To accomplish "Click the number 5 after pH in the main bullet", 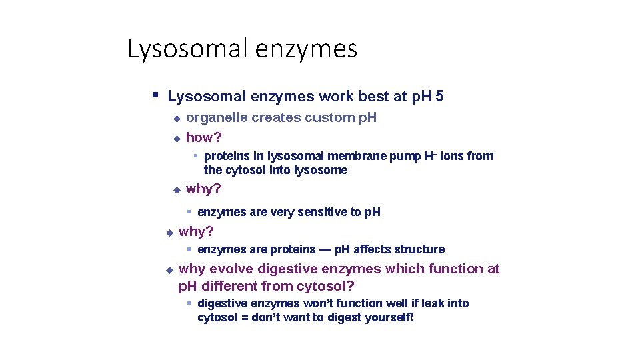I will tap(439, 97).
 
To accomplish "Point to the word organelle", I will tap(215, 118).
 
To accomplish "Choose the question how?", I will tap(203, 138).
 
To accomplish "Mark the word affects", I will tap(373, 249).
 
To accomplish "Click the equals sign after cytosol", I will tap(245, 317).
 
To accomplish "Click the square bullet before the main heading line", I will tap(155, 95).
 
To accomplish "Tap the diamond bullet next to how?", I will tap(176, 139).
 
